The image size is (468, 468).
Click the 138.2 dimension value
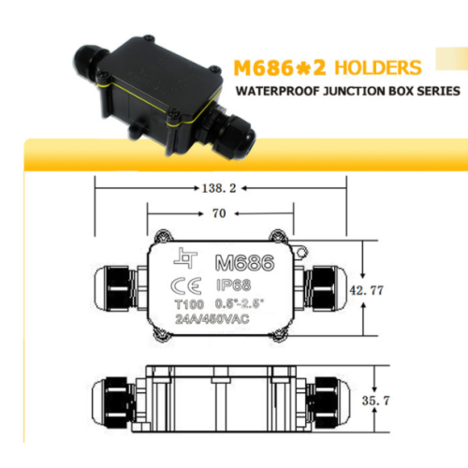tap(219, 188)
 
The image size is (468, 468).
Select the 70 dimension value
tap(219, 213)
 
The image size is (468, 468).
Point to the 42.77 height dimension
tap(366, 290)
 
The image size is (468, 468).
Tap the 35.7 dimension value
tap(375, 401)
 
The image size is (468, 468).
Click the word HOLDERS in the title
tap(378, 67)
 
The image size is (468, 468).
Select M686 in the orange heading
tap(264, 67)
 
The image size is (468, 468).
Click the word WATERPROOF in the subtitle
tap(278, 91)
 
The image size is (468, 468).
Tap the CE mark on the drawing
tap(186, 285)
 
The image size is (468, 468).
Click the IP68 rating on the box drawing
tap(234, 285)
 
